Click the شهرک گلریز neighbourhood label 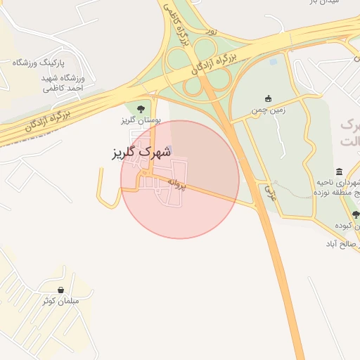[141, 152]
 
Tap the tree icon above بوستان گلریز [141, 108]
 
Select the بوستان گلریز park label [141, 120]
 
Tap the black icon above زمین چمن [268, 98]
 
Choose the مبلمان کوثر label [60, 301]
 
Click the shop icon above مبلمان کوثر [60, 290]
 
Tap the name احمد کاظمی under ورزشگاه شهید [63, 89]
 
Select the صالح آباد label [341, 244]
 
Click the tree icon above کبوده [355, 214]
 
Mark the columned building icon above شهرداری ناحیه [340, 172]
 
